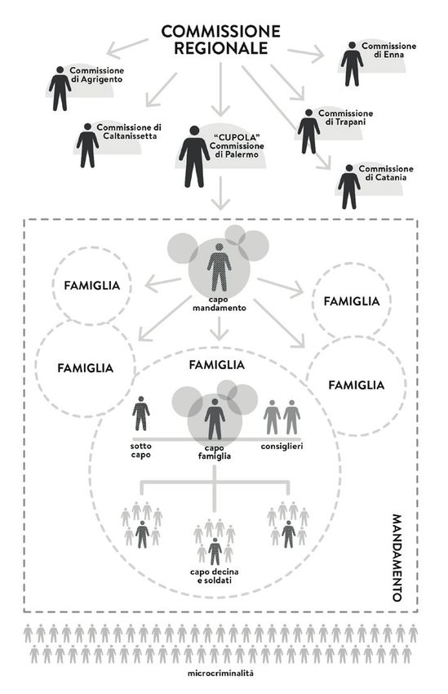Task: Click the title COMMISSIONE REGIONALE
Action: tap(220, 39)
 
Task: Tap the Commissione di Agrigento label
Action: tap(97, 75)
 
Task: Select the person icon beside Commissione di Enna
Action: tap(352, 65)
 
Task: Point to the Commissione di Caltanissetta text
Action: tap(129, 131)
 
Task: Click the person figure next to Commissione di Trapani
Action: tap(308, 131)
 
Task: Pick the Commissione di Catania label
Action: tap(386, 173)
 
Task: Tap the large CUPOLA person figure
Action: tap(194, 157)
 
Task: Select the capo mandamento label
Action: tap(220, 304)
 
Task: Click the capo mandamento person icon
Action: tap(220, 267)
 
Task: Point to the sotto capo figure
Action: tap(141, 413)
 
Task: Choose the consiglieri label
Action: tap(282, 446)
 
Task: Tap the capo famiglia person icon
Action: tap(215, 419)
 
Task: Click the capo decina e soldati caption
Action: tap(215, 576)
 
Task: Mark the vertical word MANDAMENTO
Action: tap(397, 558)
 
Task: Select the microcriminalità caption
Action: tap(220, 674)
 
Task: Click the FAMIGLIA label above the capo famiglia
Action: tap(217, 365)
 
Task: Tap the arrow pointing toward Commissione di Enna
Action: tap(306, 53)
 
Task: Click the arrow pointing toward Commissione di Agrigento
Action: tap(127, 48)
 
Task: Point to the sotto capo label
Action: tap(141, 450)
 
